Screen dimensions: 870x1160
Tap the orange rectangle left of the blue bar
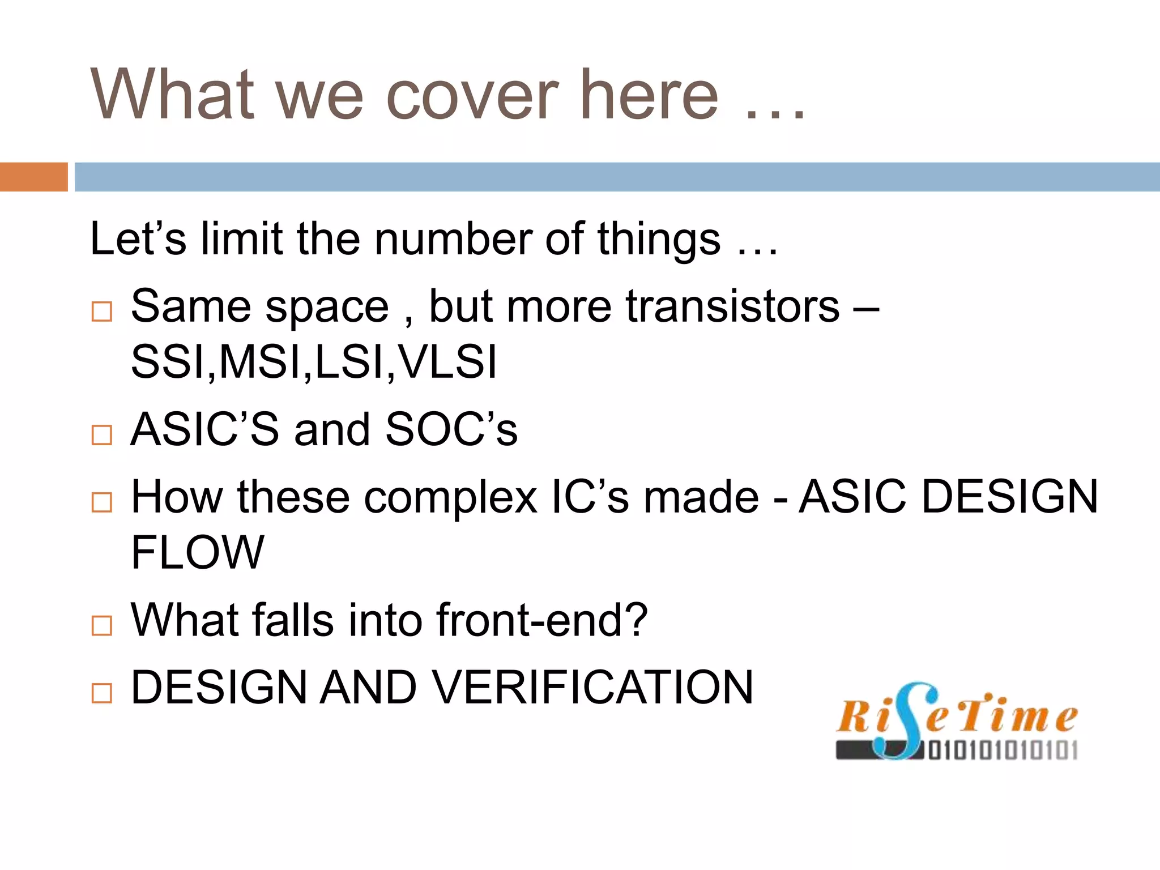pyautogui.click(x=33, y=177)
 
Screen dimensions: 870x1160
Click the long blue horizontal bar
pyautogui.click(x=617, y=177)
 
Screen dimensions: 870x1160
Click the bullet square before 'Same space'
pyautogui.click(x=102, y=312)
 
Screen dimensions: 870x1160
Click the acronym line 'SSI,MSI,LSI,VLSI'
pyautogui.click(x=314, y=362)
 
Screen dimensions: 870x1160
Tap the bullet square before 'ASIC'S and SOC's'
pyautogui.click(x=102, y=435)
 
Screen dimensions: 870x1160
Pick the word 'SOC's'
pyautogui.click(x=451, y=429)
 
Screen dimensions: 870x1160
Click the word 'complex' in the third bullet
pyautogui.click(x=450, y=497)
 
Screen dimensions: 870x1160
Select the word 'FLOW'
pyautogui.click(x=197, y=552)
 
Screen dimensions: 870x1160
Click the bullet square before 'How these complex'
pyautogui.click(x=102, y=502)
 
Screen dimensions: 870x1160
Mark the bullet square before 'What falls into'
pyautogui.click(x=102, y=625)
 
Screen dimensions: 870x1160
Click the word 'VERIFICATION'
pyautogui.click(x=594, y=687)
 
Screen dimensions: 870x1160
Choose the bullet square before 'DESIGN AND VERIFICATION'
pyautogui.click(x=102, y=693)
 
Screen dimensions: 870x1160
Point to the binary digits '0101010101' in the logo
pyautogui.click(x=1003, y=750)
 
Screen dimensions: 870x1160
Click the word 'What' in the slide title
pyautogui.click(x=173, y=95)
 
